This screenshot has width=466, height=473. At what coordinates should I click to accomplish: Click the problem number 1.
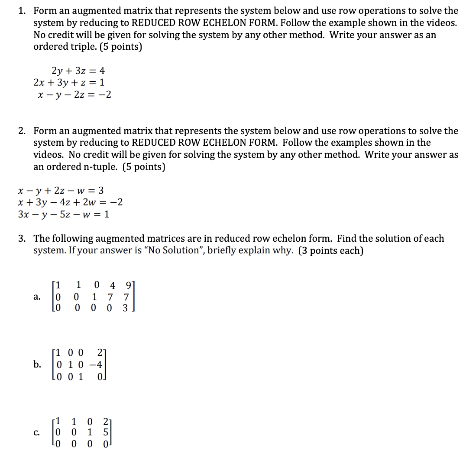click(21, 11)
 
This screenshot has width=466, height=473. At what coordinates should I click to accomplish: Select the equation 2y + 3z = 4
click(78, 70)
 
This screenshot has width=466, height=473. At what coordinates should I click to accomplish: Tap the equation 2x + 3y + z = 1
click(69, 82)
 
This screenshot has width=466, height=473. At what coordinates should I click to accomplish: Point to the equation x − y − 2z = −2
click(74, 94)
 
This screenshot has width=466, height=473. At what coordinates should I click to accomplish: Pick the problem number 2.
click(21, 131)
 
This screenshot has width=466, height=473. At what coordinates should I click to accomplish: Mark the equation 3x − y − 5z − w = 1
click(64, 214)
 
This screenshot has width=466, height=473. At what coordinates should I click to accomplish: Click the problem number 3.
click(21, 239)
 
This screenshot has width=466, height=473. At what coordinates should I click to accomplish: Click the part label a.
click(37, 297)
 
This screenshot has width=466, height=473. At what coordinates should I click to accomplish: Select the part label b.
click(37, 364)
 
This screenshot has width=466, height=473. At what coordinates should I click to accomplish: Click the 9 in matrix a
click(126, 285)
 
